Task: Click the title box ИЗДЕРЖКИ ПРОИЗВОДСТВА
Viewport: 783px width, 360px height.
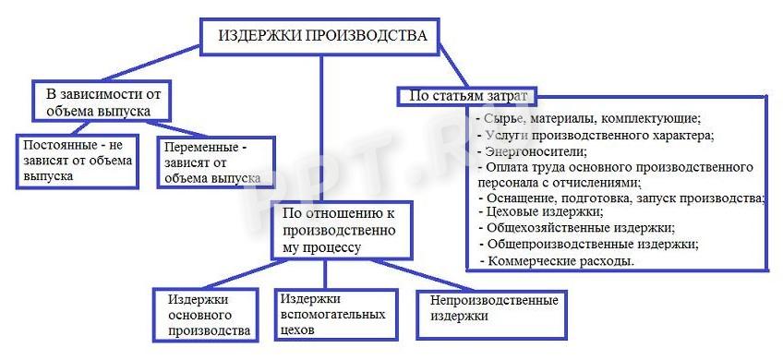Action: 322,36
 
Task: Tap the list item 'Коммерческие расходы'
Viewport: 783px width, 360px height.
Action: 560,261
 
